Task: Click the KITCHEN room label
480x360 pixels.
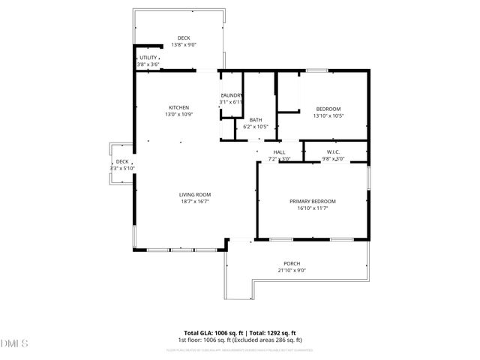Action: pyautogui.click(x=178, y=107)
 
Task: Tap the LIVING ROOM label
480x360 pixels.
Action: pyautogui.click(x=194, y=194)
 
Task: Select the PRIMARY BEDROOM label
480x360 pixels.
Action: pyautogui.click(x=313, y=201)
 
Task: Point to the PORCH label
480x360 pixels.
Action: pyautogui.click(x=292, y=264)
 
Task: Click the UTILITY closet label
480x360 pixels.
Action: pyautogui.click(x=147, y=58)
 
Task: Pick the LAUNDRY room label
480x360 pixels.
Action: pyautogui.click(x=231, y=95)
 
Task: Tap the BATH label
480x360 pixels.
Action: pyautogui.click(x=256, y=120)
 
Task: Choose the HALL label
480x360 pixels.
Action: pyautogui.click(x=279, y=152)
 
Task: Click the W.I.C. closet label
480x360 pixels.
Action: pyautogui.click(x=333, y=152)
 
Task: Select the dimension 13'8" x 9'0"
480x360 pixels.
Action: pyautogui.click(x=184, y=45)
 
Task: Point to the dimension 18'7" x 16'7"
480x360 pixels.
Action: pyautogui.click(x=194, y=201)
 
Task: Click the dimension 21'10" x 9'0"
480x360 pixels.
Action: pyautogui.click(x=292, y=271)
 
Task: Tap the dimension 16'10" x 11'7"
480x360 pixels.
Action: pyautogui.click(x=313, y=208)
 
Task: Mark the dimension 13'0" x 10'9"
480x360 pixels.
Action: pyautogui.click(x=178, y=114)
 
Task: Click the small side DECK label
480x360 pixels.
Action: pyautogui.click(x=121, y=162)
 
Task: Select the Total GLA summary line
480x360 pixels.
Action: pyautogui.click(x=240, y=332)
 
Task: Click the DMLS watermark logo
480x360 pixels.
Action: pyautogui.click(x=14, y=343)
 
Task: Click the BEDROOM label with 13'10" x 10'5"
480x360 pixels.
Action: pyautogui.click(x=328, y=109)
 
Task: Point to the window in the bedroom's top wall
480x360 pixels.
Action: pyautogui.click(x=317, y=71)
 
